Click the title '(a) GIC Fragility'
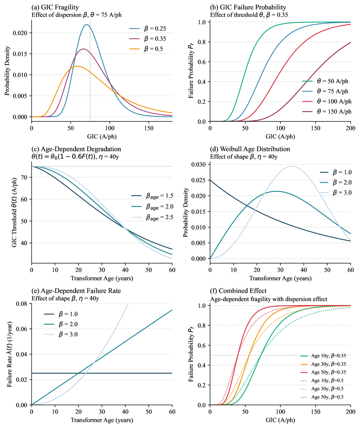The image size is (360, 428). click(54, 7)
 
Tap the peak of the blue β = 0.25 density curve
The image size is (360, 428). click(86, 25)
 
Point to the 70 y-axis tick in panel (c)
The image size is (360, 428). click(25, 177)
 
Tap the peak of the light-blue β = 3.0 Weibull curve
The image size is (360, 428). click(292, 166)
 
